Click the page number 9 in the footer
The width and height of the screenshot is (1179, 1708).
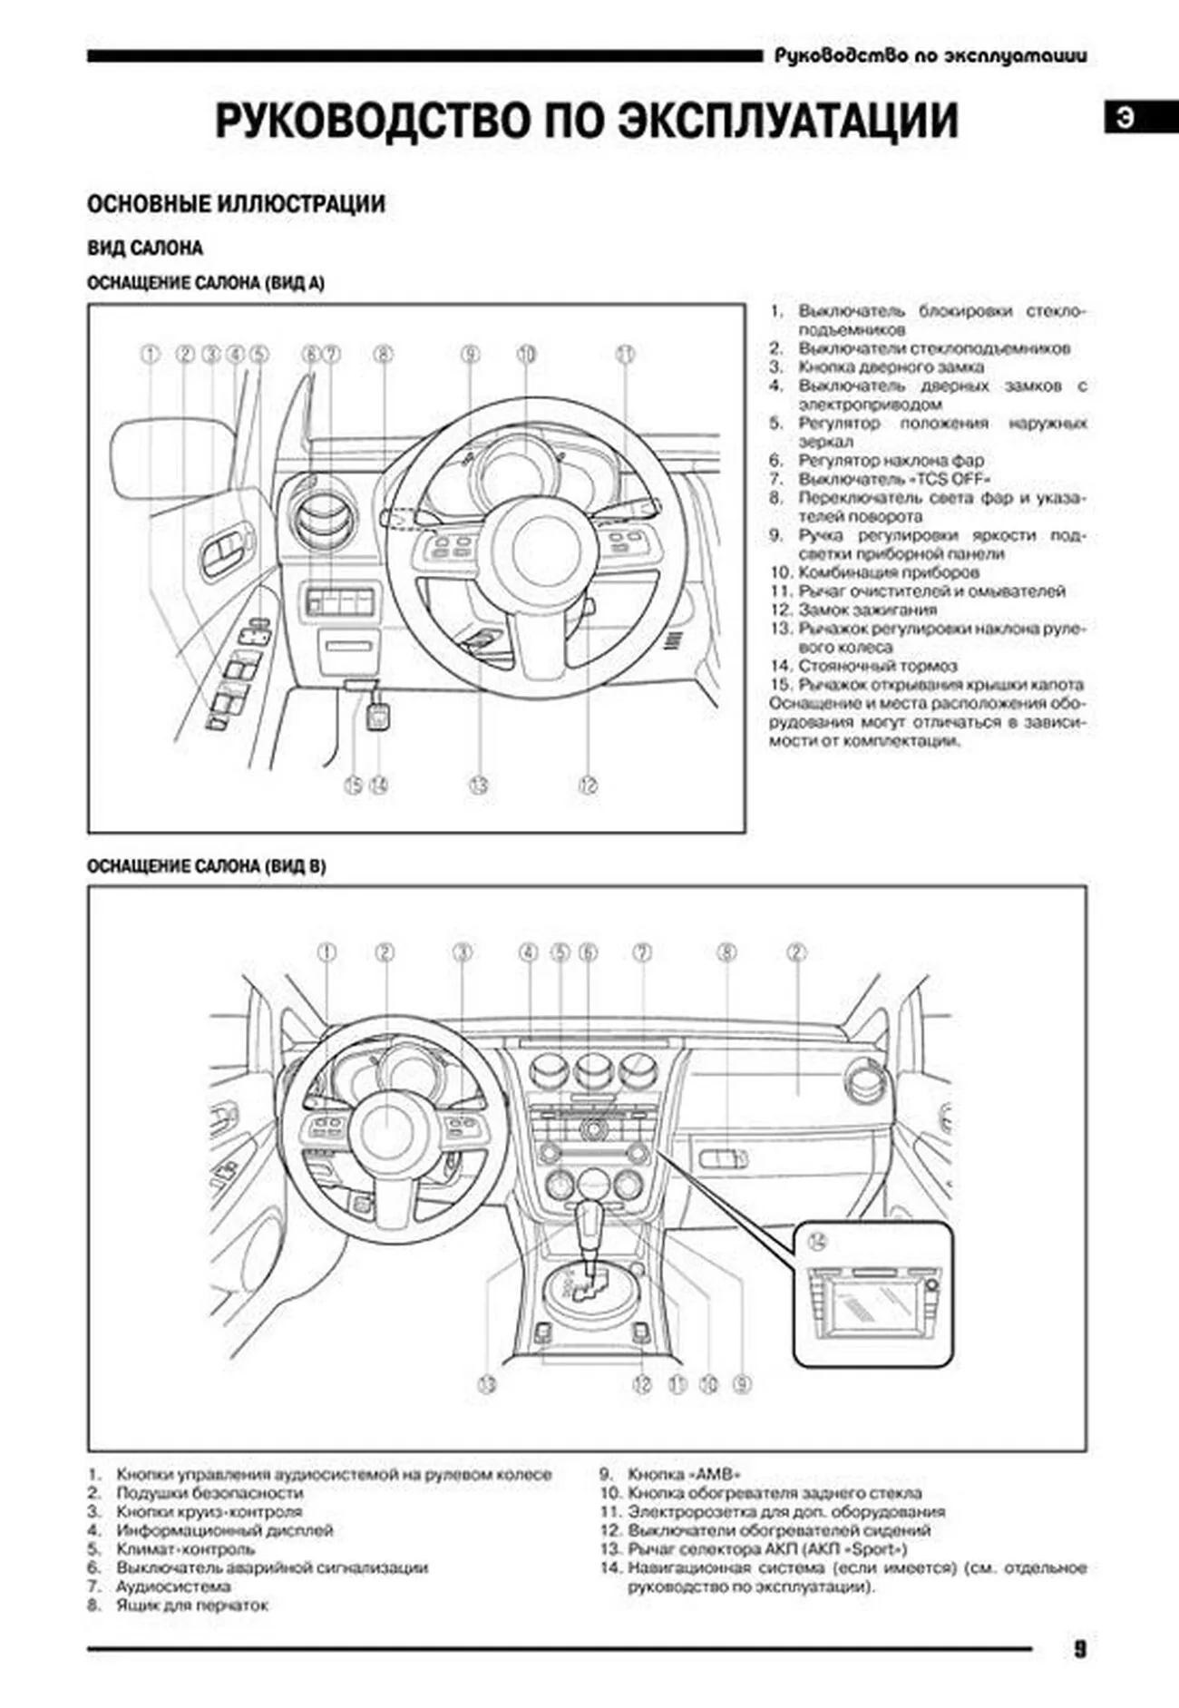pos(1079,1649)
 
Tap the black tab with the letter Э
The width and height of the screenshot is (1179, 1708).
pos(1125,118)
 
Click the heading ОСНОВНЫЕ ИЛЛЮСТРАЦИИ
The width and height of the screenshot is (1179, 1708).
pos(236,204)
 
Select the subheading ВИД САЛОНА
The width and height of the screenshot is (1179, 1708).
pos(145,249)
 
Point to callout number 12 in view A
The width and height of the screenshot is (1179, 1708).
pos(588,786)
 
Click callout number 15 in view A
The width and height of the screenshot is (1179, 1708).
pos(354,786)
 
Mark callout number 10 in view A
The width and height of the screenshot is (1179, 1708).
pos(527,355)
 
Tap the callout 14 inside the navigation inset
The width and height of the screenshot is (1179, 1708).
pos(818,1242)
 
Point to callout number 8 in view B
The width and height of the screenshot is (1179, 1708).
pos(726,952)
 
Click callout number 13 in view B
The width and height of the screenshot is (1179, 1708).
pos(487,1384)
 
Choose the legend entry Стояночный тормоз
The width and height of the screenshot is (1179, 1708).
pos(877,666)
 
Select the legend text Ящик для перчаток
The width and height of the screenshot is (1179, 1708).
pos(192,1606)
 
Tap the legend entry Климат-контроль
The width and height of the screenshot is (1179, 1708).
pos(172,1549)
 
